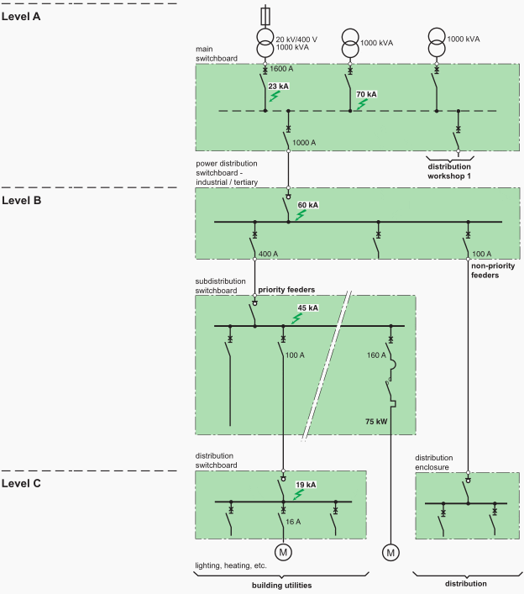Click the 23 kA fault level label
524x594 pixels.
279,85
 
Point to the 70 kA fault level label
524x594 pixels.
367,95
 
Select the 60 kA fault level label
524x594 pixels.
307,204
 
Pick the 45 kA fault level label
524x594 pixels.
308,308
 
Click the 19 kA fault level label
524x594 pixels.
306,485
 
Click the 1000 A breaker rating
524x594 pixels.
305,144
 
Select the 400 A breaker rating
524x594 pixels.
269,253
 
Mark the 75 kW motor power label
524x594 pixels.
377,420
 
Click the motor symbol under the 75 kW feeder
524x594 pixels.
390,552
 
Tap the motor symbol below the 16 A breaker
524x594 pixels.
283,552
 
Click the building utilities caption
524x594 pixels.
283,584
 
